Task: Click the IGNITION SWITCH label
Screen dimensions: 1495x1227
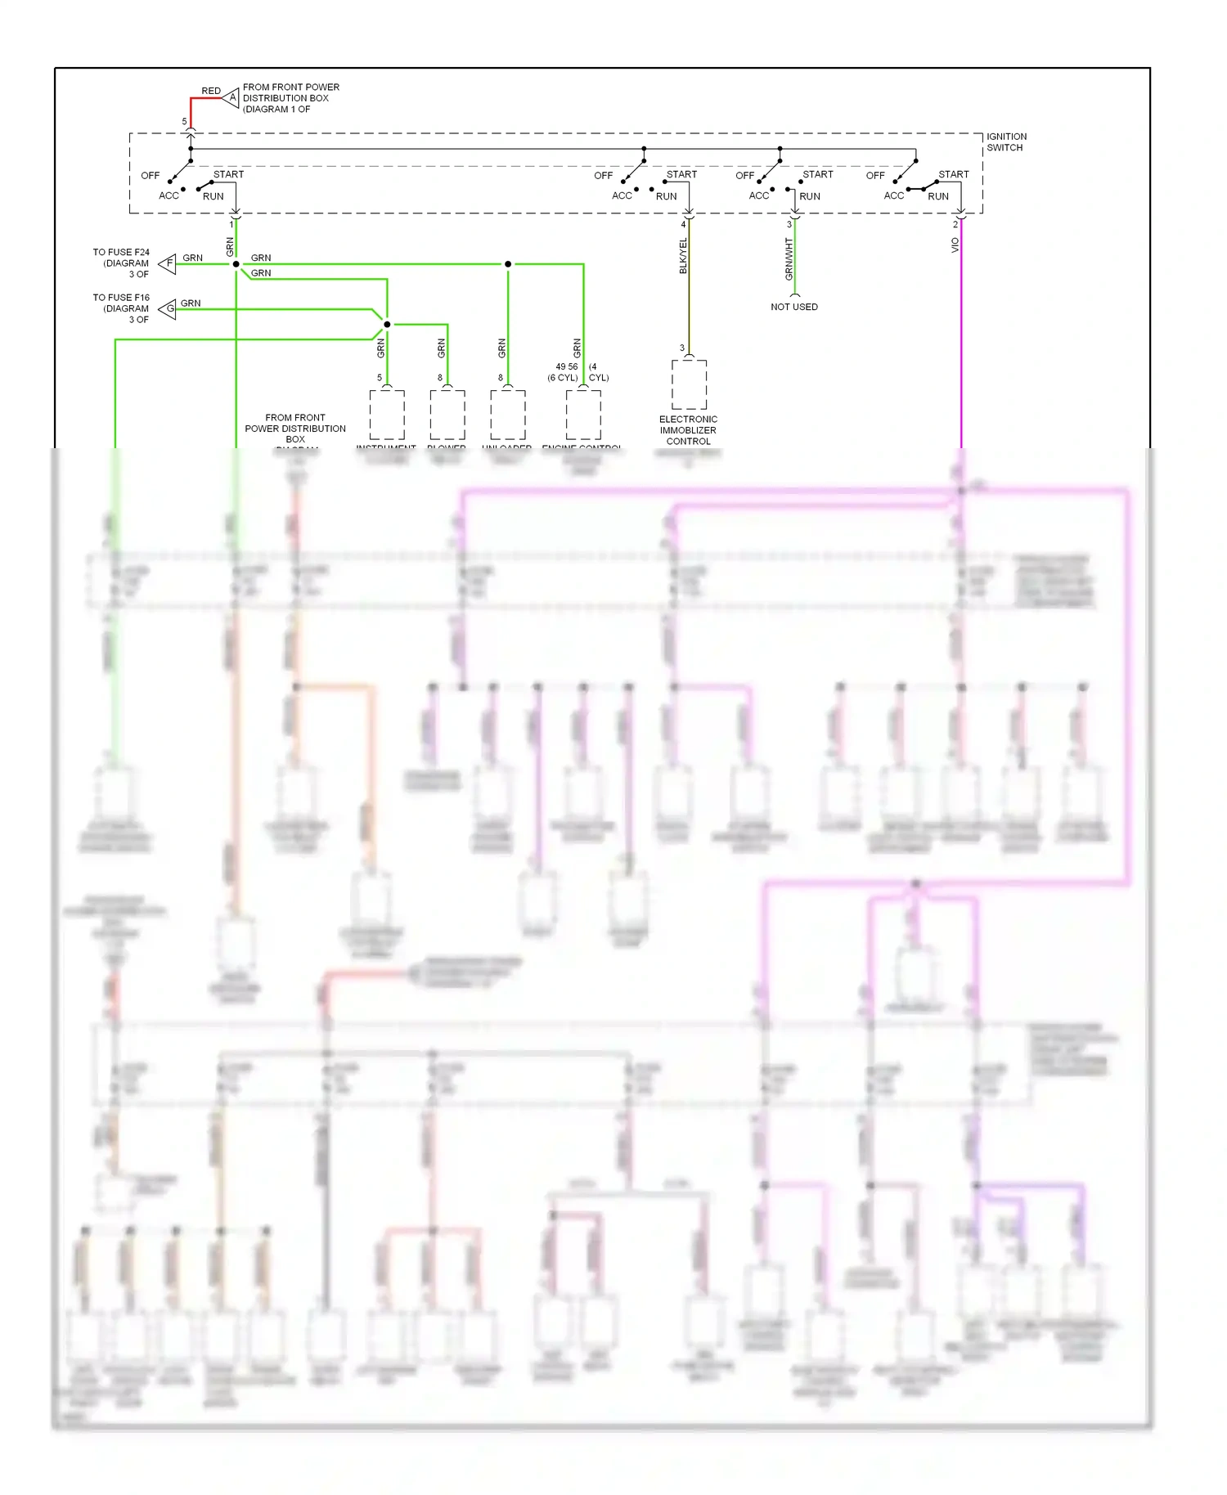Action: point(1005,142)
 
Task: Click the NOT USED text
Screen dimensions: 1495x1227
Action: point(793,307)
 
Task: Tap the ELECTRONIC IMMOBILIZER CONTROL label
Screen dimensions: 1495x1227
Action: point(688,430)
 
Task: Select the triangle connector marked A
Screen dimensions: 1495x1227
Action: point(231,98)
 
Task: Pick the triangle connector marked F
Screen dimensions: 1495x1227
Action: point(168,263)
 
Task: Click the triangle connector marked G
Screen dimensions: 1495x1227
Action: point(168,309)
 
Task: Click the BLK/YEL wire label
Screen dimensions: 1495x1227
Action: point(683,256)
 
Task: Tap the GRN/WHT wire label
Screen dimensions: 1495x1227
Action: point(789,259)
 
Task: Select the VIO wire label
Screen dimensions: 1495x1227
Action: point(955,245)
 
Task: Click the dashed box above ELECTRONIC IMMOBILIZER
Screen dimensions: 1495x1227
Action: point(689,384)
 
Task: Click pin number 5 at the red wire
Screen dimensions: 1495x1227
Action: point(184,121)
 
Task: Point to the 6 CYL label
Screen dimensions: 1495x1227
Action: point(563,378)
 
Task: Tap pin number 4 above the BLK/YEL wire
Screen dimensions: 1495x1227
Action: point(683,224)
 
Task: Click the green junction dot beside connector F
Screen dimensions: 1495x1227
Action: point(236,264)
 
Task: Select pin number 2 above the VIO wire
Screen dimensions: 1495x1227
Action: point(955,224)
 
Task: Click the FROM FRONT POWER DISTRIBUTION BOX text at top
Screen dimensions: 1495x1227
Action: point(290,97)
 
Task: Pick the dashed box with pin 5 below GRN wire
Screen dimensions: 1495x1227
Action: point(387,414)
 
